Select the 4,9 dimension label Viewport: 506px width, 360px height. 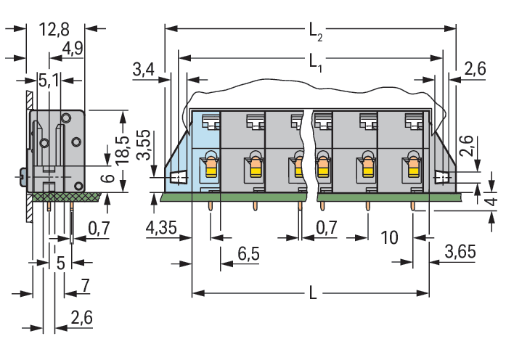pyautogui.click(x=73, y=49)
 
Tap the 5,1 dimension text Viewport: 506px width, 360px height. pyautogui.click(x=49, y=80)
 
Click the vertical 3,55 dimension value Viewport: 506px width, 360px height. pyautogui.click(x=144, y=145)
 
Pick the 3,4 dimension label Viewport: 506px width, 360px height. pyautogui.click(x=144, y=70)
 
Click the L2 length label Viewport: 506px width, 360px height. pyautogui.click(x=314, y=30)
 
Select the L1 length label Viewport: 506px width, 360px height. pyautogui.click(x=314, y=62)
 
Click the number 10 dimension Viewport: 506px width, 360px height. pyautogui.click(x=389, y=237)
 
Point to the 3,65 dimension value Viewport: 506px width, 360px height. pyautogui.click(x=460, y=253)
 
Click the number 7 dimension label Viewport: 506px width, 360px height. pyautogui.click(x=85, y=285)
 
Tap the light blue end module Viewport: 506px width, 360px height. pyautogui.click(x=204, y=152)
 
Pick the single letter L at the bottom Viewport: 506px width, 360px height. pyautogui.click(x=311, y=294)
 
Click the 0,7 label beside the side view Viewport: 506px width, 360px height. pyautogui.click(x=99, y=229)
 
